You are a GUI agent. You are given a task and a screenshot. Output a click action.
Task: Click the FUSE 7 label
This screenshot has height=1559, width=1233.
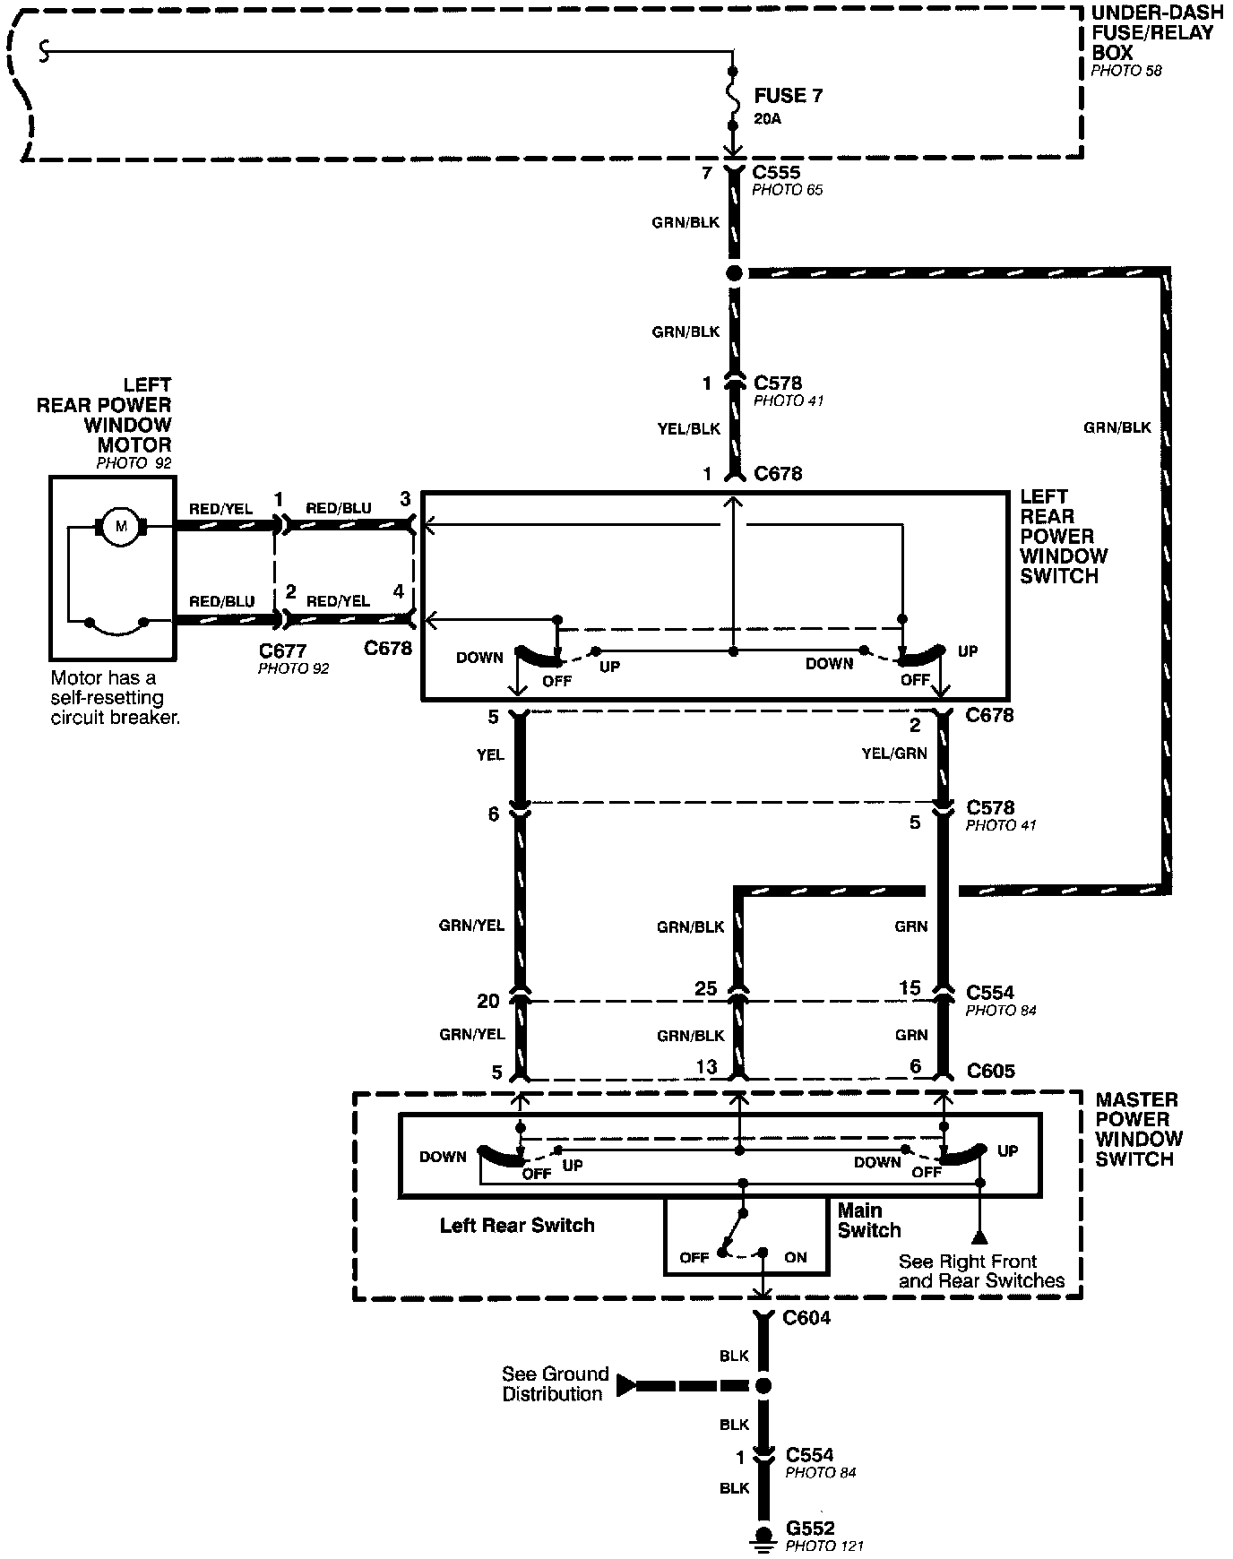[788, 96]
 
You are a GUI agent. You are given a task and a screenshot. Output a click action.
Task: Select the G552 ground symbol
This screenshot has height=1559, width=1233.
[763, 1535]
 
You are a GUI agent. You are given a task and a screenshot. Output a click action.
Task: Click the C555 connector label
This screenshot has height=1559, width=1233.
[776, 172]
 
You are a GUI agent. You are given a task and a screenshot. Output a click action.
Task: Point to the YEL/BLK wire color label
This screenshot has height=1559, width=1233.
[688, 428]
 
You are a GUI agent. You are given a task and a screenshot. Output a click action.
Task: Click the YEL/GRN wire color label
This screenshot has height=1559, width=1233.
[894, 754]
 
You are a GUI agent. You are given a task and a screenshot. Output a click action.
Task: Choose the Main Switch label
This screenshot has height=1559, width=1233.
[868, 1220]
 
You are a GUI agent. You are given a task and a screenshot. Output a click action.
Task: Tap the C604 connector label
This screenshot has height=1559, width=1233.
[806, 1318]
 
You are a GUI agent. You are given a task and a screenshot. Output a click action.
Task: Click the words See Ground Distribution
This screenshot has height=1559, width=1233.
[555, 1383]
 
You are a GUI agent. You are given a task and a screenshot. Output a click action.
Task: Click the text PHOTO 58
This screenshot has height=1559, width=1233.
[1125, 71]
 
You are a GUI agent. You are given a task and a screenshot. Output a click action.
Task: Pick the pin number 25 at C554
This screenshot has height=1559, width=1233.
[706, 988]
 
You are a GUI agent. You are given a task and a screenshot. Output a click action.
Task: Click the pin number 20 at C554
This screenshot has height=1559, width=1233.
[487, 1001]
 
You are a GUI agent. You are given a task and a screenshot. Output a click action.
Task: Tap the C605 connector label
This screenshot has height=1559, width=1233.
[991, 1071]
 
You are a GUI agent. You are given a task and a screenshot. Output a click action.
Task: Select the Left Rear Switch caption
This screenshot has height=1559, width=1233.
[517, 1225]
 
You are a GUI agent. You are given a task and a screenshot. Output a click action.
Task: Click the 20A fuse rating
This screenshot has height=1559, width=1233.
[767, 118]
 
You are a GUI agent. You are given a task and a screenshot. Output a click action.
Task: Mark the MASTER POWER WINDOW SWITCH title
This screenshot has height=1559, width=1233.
[1138, 1129]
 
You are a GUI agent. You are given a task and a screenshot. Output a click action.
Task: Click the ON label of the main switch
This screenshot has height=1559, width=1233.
[796, 1257]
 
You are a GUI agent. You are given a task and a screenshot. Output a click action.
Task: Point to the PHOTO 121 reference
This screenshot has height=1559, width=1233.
[824, 1546]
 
